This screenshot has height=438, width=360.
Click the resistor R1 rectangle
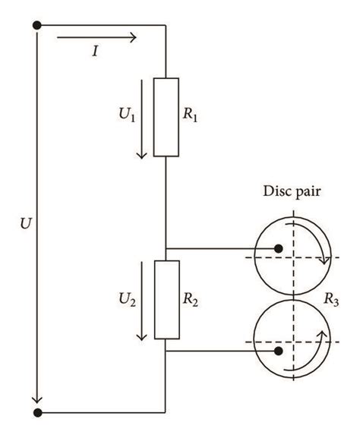tap(166, 116)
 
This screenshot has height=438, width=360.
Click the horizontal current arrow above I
tap(97, 37)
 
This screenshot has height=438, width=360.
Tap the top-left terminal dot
tap(36, 25)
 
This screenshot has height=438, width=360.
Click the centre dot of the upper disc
tap(279, 248)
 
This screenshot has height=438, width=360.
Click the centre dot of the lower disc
tap(279, 351)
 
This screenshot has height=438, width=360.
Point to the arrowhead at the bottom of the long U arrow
tap(36, 400)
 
